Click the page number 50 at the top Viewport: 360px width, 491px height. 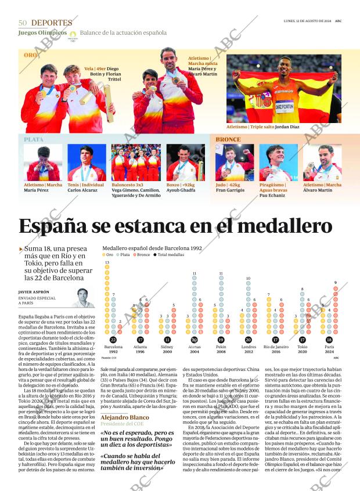point(23,23)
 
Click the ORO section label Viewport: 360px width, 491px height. point(30,55)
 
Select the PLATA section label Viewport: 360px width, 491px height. point(33,140)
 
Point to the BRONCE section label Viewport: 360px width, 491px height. point(228,140)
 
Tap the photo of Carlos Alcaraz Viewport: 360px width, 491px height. point(86,163)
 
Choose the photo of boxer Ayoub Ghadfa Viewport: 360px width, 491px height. point(185,163)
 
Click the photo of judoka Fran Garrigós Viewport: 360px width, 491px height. point(234,163)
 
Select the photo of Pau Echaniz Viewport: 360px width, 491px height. point(278,163)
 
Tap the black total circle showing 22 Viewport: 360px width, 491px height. point(113,340)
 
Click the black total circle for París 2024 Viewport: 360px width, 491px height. point(329,340)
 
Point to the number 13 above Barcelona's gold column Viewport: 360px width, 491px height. point(107,263)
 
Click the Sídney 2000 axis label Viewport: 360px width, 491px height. point(167,349)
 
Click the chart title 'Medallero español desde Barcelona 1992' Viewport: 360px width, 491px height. point(152,248)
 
